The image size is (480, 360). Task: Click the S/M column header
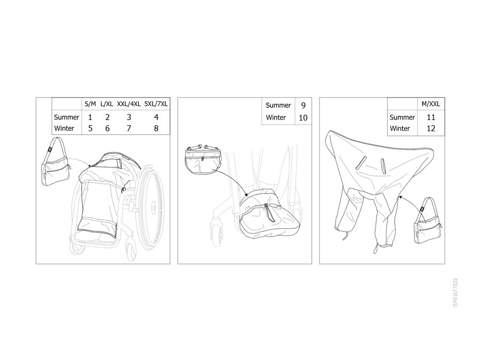pos(90,104)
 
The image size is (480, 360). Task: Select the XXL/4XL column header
pos(129,104)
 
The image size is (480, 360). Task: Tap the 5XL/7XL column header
pos(156,104)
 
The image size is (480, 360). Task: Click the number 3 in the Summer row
pos(129,117)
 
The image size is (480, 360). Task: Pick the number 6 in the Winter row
pos(107,129)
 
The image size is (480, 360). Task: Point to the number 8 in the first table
pos(156,129)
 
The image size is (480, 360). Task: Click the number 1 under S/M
pos(90,117)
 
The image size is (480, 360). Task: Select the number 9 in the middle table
pos(303,106)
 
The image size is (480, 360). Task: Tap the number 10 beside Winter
pos(303,118)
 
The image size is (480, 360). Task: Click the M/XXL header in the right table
pos(431,104)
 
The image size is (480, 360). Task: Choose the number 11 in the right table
pos(431,117)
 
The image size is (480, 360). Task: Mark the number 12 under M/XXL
pos(431,129)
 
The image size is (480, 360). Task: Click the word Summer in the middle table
pos(278,106)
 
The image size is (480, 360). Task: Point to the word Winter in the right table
pos(400,129)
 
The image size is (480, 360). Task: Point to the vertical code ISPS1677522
pos(455,293)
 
